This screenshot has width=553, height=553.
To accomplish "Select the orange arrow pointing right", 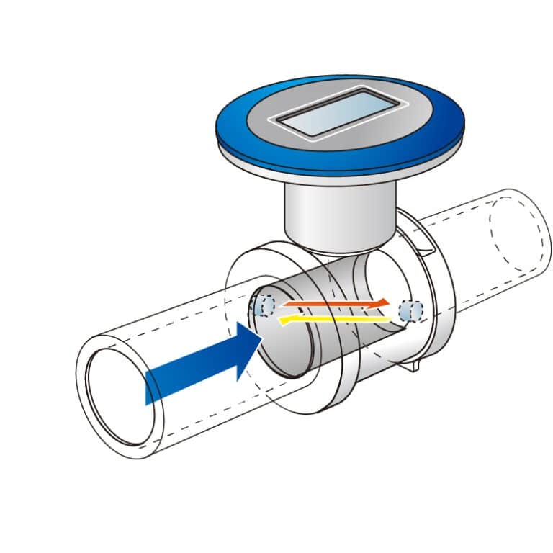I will click(x=335, y=305).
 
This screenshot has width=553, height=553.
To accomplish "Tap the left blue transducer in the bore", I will click(x=263, y=305).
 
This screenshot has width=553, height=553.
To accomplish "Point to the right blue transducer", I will click(x=411, y=310).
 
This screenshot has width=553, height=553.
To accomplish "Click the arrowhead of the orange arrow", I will click(x=385, y=302).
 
